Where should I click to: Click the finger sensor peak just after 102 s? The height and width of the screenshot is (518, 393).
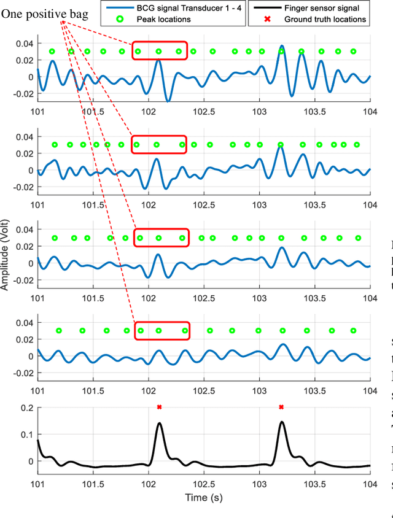(x=159, y=423)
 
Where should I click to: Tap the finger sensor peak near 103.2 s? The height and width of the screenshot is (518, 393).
(x=281, y=422)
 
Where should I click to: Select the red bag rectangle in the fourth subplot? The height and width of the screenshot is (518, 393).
(x=161, y=331)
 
